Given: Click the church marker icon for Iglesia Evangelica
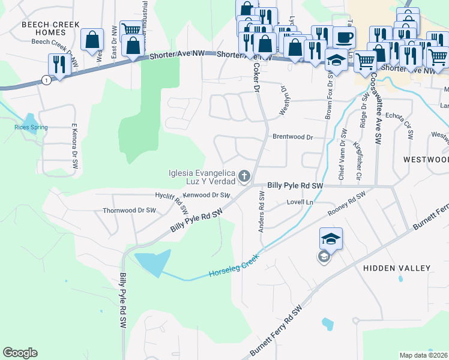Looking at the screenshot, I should pos(244,176).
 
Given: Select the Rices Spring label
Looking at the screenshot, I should pos(31,127).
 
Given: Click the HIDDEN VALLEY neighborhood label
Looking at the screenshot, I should pos(397,268).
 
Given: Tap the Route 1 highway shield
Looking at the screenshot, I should pos(45,80).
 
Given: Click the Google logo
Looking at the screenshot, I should pos(20,353).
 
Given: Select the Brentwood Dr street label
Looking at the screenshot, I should pos(293,137).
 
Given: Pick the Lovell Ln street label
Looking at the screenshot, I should pos(300,203).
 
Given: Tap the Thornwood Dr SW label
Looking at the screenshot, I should pos(129,211).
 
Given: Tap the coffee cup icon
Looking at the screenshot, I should pos(344,37).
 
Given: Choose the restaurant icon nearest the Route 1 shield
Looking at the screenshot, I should pos(59,64).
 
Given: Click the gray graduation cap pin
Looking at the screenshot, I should pos(324,257).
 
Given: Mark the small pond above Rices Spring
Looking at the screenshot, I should pos(29,118).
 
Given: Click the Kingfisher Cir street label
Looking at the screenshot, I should pos(358,155).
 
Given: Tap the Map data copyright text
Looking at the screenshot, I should pos(424,355).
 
